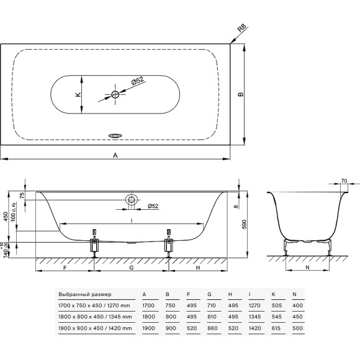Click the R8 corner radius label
(x=241, y=28)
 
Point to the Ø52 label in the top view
(x=138, y=81)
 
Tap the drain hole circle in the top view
(x=115, y=94)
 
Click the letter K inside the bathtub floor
(x=78, y=94)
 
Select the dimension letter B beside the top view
(x=240, y=94)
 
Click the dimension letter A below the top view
(x=115, y=155)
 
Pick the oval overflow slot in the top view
(x=115, y=136)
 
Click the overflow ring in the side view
(x=132, y=199)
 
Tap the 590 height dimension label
(x=244, y=224)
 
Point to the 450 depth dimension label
(x=6, y=216)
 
